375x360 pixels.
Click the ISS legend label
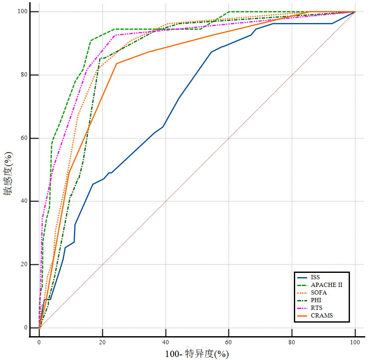tap(315, 277)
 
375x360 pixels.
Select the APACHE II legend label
tap(326, 285)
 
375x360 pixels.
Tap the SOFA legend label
tap(319, 292)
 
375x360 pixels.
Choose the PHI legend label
tap(316, 300)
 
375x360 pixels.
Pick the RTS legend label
tap(316, 308)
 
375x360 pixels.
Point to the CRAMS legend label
tap(321, 315)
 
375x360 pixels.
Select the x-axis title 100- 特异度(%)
tap(197, 354)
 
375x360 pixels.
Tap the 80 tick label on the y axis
tap(22, 75)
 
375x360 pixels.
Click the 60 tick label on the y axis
tap(22, 138)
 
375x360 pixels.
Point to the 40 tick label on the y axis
tap(22, 201)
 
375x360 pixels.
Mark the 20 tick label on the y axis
tap(22, 264)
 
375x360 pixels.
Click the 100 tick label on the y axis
tap(20, 11)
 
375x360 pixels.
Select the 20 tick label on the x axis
tap(102, 342)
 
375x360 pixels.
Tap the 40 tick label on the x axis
tap(166, 342)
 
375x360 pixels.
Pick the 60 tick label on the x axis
tap(229, 342)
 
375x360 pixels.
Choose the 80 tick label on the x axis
tap(292, 342)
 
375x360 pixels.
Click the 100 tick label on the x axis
tap(355, 342)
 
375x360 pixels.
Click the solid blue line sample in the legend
tap(302, 277)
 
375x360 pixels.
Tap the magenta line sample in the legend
tap(302, 308)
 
